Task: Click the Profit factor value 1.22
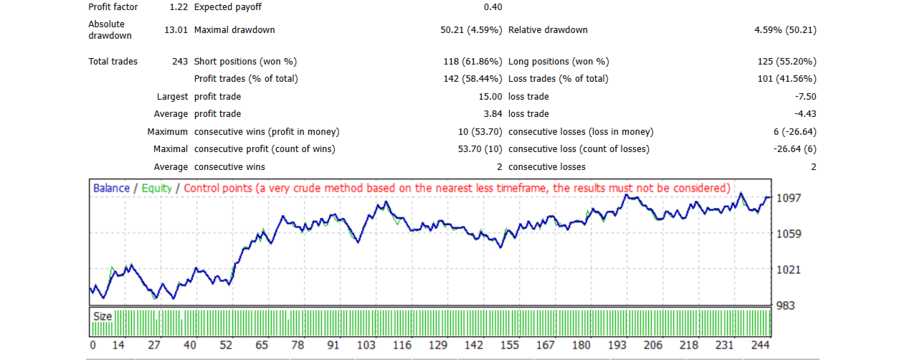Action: tap(178, 7)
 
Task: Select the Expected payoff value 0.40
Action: tap(493, 7)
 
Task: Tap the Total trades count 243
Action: tap(180, 62)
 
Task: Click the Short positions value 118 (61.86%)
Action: tap(472, 62)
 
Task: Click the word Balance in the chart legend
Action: tap(111, 188)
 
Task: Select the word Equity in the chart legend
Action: tap(157, 188)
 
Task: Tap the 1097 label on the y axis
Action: tap(789, 197)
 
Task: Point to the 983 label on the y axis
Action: tap(786, 305)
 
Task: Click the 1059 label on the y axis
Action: tap(789, 234)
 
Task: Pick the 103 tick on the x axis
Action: tap(366, 345)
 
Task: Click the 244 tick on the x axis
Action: tap(759, 345)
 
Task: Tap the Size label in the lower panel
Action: tap(103, 316)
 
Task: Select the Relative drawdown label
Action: tap(548, 30)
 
